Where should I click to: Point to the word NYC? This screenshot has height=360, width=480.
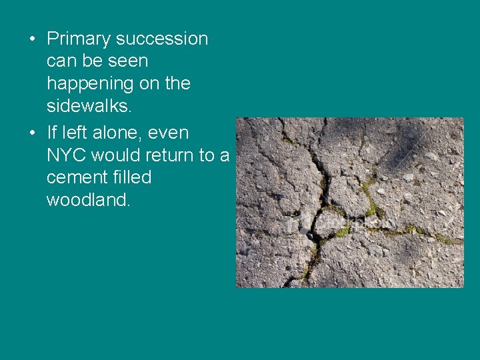click(x=66, y=155)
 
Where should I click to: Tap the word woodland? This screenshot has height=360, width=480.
click(x=87, y=200)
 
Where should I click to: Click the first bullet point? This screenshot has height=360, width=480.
click(x=32, y=39)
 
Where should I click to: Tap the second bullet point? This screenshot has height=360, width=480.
click(x=32, y=133)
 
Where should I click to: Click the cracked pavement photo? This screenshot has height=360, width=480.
click(x=350, y=203)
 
